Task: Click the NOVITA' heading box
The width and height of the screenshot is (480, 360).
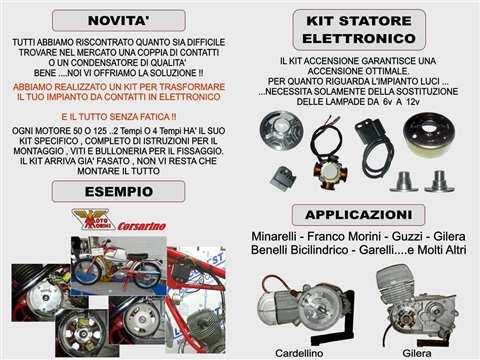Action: pos(119,21)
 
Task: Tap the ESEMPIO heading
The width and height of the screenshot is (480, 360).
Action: pos(118,192)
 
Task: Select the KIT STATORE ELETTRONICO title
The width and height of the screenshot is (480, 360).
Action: pos(359,30)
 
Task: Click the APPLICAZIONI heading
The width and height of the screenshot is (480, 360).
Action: pos(358,215)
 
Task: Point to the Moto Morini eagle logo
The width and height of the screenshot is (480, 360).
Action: pos(91,219)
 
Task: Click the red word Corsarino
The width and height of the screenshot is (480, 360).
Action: pos(142,226)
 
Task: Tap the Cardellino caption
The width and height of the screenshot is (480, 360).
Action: pos(299,353)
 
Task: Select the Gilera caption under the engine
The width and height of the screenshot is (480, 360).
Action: pos(417,353)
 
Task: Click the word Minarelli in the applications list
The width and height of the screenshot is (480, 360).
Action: pos(274,236)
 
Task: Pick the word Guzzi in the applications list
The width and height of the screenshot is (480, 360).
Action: pos(407,236)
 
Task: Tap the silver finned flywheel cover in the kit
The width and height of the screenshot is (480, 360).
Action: pos(282,129)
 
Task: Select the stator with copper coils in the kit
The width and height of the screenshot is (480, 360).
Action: pos(330,172)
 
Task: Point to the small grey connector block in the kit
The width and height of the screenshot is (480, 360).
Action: pos(283,178)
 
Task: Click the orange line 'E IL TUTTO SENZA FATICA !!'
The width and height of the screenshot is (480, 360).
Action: pos(119,117)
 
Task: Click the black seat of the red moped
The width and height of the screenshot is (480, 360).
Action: pos(138,256)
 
